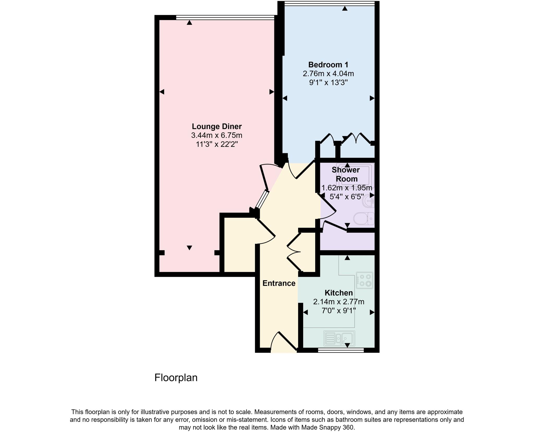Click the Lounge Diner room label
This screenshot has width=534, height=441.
click(217, 126)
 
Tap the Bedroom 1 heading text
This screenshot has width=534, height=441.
click(328, 65)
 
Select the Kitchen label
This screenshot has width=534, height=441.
click(338, 293)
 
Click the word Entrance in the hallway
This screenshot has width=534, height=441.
click(279, 283)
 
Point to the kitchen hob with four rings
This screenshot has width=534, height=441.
click(365, 280)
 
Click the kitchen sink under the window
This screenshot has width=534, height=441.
click(339, 339)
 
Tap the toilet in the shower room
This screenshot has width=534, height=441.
click(364, 219)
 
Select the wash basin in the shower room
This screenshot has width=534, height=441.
click(370, 201)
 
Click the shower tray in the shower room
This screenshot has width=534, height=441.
click(355, 175)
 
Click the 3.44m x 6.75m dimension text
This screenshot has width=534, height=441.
click(217, 135)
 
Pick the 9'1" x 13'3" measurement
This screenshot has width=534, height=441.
click(328, 83)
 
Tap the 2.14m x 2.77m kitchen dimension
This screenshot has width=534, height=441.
click(338, 302)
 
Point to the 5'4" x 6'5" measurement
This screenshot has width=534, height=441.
click(347, 197)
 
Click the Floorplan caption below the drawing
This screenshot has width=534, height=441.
click(176, 378)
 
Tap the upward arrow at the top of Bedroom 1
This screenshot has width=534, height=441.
click(345, 9)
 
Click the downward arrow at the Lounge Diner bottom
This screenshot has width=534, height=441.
click(190, 247)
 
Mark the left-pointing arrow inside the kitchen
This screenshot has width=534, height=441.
click(305, 312)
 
